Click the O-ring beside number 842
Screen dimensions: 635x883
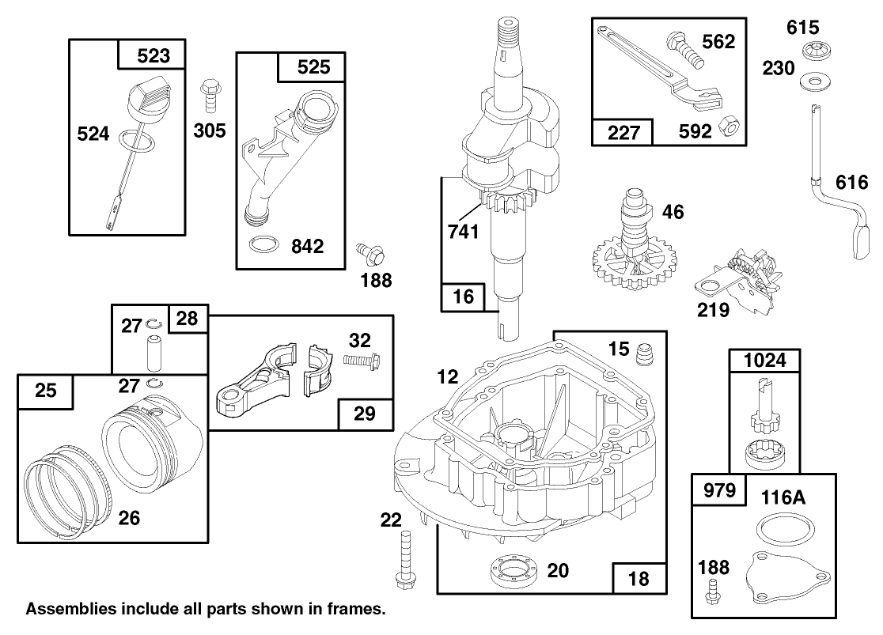[263, 245]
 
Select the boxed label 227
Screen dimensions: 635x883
[623, 133]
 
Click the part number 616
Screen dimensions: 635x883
[851, 183]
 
